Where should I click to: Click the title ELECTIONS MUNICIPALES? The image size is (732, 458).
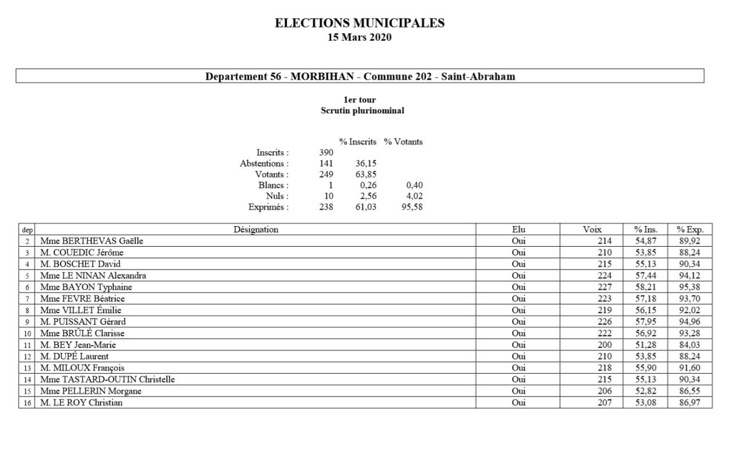pyautogui.click(x=360, y=23)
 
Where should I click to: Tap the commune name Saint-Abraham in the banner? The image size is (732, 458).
pyautogui.click(x=478, y=77)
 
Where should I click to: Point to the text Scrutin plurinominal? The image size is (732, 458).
pyautogui.click(x=363, y=111)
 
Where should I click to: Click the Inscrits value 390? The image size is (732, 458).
pyautogui.click(x=326, y=153)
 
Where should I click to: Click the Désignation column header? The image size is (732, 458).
pyautogui.click(x=256, y=230)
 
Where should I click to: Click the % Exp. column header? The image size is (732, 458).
pyautogui.click(x=690, y=230)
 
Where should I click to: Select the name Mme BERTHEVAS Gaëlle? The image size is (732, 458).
pyautogui.click(x=91, y=241)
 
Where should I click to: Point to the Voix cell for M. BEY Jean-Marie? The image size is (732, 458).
pyautogui.click(x=604, y=345)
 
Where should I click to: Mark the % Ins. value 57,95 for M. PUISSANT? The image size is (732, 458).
pyautogui.click(x=646, y=322)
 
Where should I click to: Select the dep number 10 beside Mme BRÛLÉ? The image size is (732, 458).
pyautogui.click(x=27, y=334)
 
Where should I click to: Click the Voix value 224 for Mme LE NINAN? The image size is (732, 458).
pyautogui.click(x=604, y=275)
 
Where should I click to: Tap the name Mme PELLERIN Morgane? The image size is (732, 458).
pyautogui.click(x=90, y=391)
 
